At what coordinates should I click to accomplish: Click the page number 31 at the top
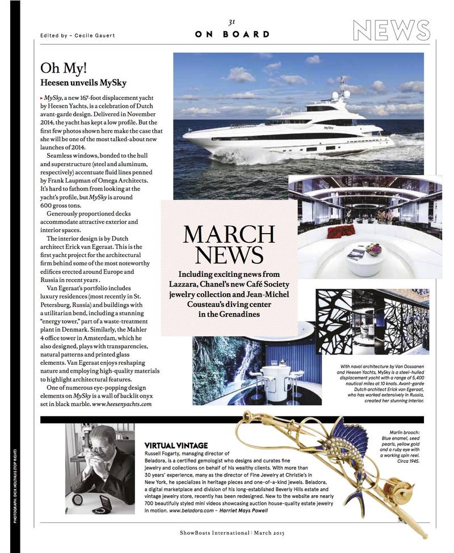232,22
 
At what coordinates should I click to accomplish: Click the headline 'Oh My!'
64,68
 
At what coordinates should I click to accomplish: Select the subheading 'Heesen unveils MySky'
83,83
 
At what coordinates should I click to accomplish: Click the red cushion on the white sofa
340,231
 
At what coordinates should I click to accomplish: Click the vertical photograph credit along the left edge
14,485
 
